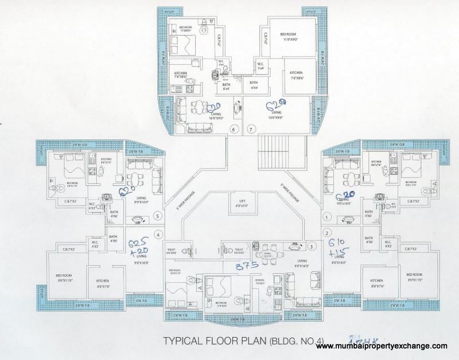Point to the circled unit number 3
click(x=311, y=246)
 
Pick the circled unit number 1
click(x=328, y=217)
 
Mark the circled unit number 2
click(x=328, y=233)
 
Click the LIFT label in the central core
click(x=242, y=201)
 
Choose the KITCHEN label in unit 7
click(x=296, y=74)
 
